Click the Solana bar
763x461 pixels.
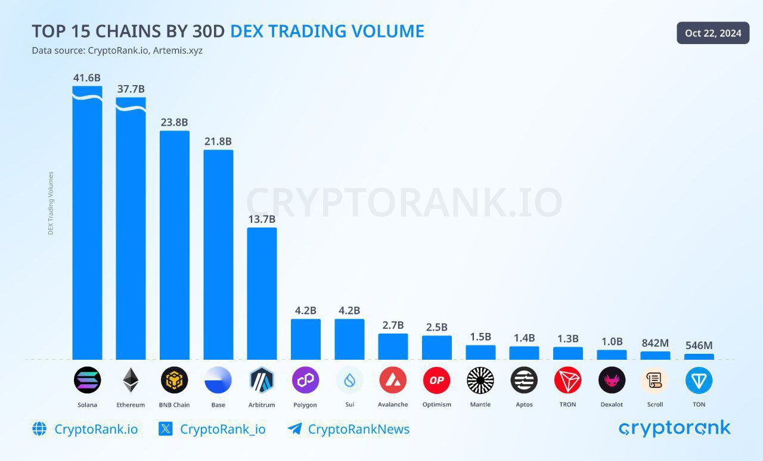tap(87, 226)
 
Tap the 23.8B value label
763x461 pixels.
tap(175, 123)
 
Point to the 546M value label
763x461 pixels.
tap(699, 345)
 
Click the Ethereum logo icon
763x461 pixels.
tap(131, 380)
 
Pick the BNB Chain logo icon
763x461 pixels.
tap(174, 380)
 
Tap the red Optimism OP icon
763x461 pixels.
tap(436, 380)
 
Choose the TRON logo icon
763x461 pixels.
tap(567, 380)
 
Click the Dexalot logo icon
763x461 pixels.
tap(612, 380)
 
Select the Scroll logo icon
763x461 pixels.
tap(655, 380)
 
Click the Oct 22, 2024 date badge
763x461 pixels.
tap(713, 33)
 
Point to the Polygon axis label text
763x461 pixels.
tap(305, 405)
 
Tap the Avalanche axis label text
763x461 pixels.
tap(393, 405)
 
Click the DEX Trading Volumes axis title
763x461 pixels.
tap(51, 203)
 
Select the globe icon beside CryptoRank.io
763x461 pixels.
tap(39, 429)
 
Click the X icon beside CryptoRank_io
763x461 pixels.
tap(166, 429)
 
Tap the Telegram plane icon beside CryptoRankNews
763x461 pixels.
tap(294, 429)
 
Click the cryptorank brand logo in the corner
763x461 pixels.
tap(674, 428)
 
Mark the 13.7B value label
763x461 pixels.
tap(262, 219)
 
